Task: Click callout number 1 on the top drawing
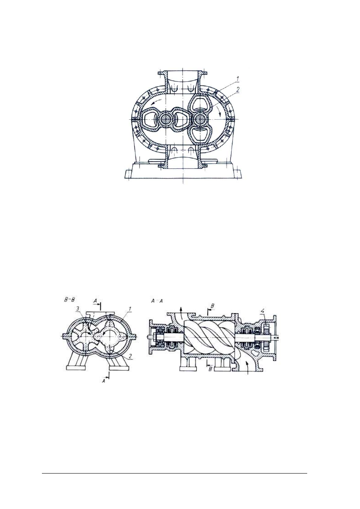point(237,79)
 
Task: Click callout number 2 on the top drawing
point(237,89)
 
